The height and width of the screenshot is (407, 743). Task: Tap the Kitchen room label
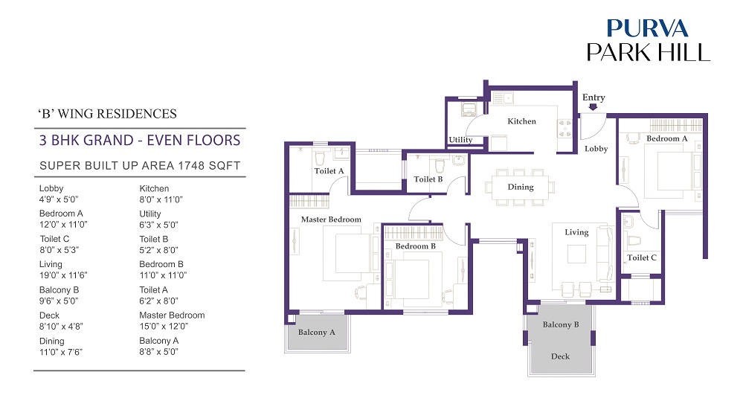(x=521, y=121)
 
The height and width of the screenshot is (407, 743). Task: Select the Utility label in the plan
(x=460, y=140)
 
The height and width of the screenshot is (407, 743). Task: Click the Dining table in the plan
(x=521, y=188)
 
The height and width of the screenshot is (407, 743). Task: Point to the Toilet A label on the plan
(x=329, y=171)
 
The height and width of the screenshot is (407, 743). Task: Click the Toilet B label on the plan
(x=428, y=179)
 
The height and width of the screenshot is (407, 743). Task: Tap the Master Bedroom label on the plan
(x=331, y=219)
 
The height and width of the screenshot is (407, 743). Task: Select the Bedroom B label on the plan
(x=416, y=246)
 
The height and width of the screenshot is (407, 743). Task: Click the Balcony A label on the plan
(x=317, y=332)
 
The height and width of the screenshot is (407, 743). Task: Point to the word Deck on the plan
(x=560, y=356)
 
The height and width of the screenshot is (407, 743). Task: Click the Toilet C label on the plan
(x=642, y=257)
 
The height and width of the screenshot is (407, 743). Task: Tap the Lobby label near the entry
(x=596, y=149)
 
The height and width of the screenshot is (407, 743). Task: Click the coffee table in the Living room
(x=576, y=254)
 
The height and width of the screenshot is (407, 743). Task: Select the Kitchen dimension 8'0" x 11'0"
(x=161, y=199)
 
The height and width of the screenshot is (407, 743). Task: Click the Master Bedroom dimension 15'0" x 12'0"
(x=164, y=326)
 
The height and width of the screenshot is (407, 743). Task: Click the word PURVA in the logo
(x=647, y=28)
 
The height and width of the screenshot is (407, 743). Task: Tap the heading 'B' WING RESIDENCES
(x=107, y=114)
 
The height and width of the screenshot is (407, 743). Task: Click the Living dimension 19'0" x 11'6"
(x=63, y=275)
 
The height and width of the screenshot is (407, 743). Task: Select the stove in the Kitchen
(x=565, y=129)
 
